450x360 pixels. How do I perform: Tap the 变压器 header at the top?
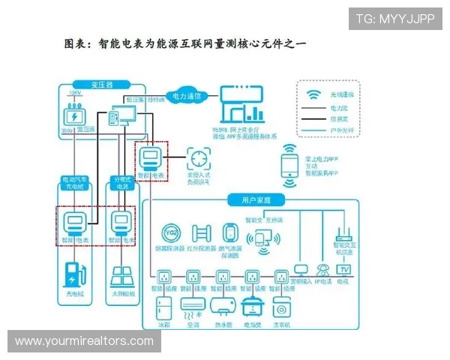(x=101, y=85)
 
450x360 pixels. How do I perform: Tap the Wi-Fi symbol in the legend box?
(x=313, y=94)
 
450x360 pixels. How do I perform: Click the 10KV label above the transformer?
(x=73, y=93)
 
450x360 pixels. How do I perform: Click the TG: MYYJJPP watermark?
(x=395, y=18)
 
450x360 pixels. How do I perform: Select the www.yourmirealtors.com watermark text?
(x=84, y=341)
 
